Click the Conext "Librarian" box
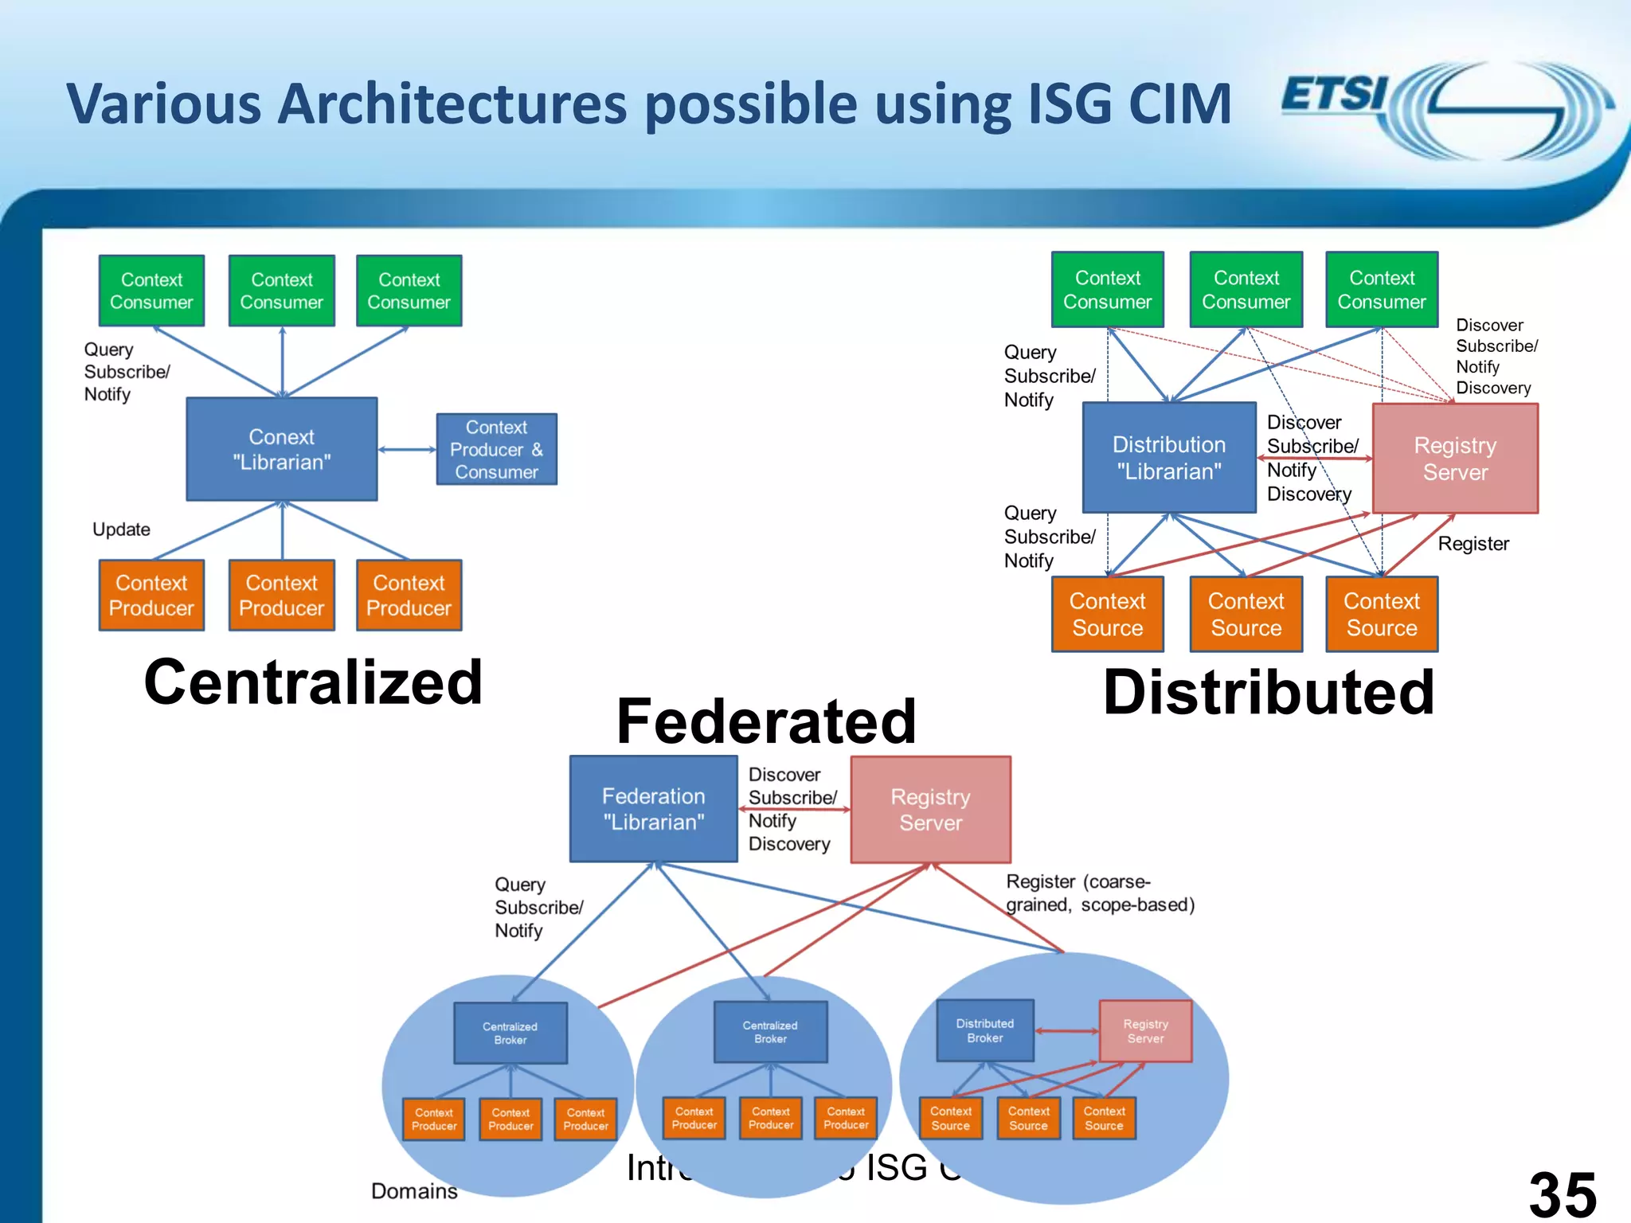click(x=281, y=449)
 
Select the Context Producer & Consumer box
click(x=496, y=449)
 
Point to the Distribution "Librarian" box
click(x=1168, y=458)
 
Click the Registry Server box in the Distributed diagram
click(x=1455, y=458)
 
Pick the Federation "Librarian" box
click(x=653, y=809)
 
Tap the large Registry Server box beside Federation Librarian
click(x=930, y=809)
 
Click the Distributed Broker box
click(x=985, y=1030)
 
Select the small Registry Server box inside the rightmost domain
click(x=1145, y=1031)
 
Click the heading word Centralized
click(x=313, y=682)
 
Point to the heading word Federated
click(x=766, y=721)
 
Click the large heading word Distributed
click(x=1268, y=692)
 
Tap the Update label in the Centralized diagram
click(x=121, y=529)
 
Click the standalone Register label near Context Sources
click(x=1473, y=544)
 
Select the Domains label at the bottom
click(x=414, y=1191)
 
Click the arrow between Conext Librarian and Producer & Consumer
click(x=407, y=450)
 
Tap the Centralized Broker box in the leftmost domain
click(x=510, y=1033)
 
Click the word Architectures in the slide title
click(x=451, y=104)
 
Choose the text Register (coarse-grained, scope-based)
click(x=1099, y=893)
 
